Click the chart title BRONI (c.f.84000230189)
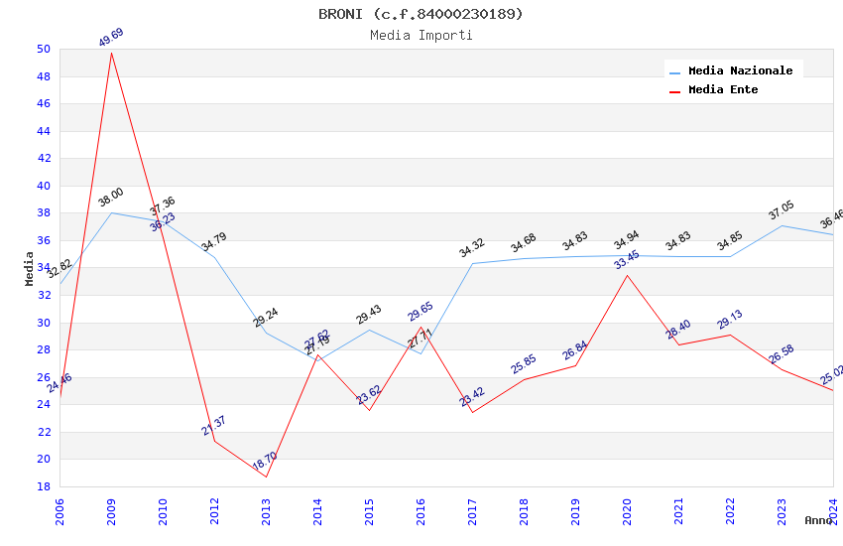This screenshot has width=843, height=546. [421, 14]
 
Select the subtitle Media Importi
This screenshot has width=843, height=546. [421, 36]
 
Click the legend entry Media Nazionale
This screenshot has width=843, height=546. [740, 71]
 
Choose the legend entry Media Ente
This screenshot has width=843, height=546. [722, 90]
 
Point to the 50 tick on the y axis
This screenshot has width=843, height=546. [43, 50]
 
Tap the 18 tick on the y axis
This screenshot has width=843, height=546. [43, 486]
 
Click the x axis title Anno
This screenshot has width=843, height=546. [818, 520]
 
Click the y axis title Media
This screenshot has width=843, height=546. [30, 268]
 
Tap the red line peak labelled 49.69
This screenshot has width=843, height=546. [111, 52]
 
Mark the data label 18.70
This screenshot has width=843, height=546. [265, 461]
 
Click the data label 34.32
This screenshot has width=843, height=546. [472, 248]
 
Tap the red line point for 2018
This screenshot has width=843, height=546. [524, 379]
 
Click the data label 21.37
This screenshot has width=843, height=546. [214, 426]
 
